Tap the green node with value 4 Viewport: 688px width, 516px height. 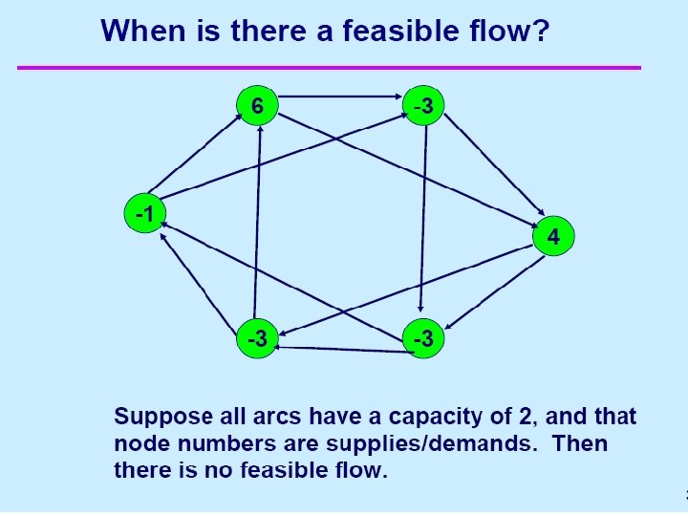[x=553, y=235]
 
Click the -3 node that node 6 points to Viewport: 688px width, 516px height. [x=423, y=104]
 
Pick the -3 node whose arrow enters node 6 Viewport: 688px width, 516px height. [x=256, y=336]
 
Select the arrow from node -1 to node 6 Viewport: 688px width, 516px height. [x=194, y=153]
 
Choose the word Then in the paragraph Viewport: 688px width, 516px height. [x=580, y=443]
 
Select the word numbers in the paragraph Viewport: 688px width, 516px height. [x=221, y=443]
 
